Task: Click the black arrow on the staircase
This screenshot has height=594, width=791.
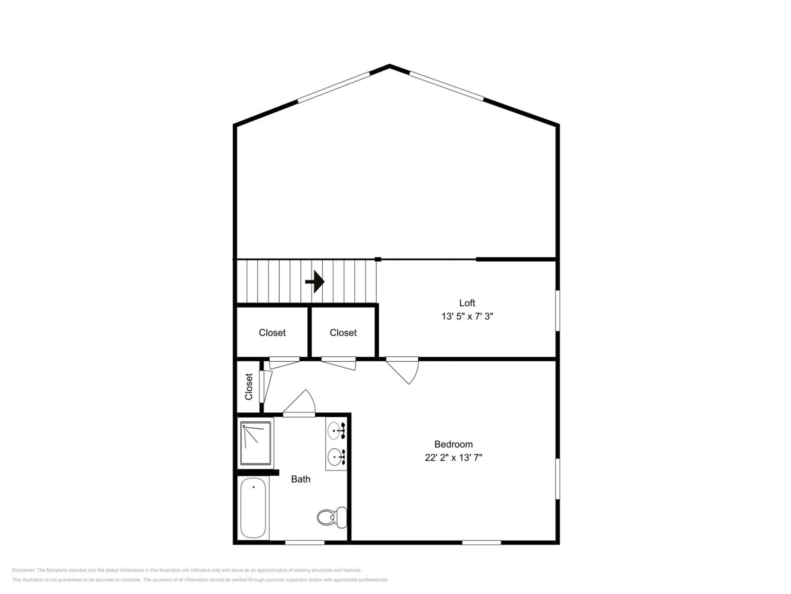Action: point(315,282)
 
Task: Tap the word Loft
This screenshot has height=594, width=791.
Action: point(467,303)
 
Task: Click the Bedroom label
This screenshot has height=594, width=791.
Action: point(454,444)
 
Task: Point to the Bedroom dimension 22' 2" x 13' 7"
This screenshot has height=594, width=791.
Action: point(454,458)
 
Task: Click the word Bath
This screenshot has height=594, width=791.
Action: point(301,479)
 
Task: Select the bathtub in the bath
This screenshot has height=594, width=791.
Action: point(253,508)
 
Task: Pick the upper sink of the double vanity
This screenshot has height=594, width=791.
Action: point(336,430)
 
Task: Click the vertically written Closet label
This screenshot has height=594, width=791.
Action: point(249,387)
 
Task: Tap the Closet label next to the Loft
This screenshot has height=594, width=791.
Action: point(343,333)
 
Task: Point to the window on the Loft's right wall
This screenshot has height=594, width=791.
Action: point(557,310)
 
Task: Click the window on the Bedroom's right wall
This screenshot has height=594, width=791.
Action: point(557,479)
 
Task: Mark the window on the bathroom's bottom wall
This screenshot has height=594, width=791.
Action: point(305,543)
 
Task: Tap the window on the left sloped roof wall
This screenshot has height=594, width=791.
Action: point(334,87)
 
